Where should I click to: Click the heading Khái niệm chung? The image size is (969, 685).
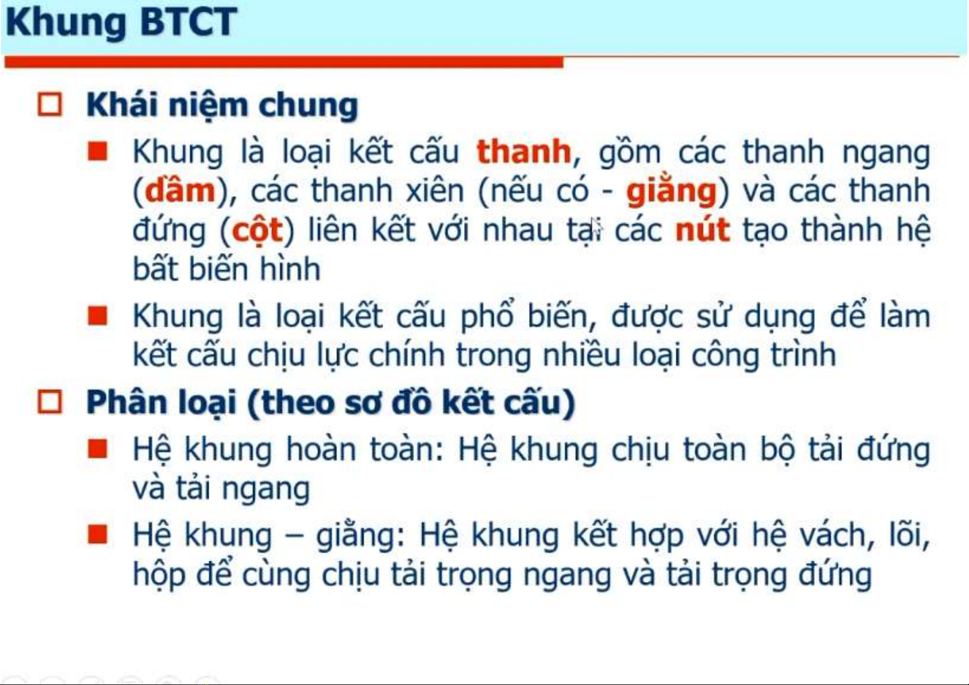pyautogui.click(x=223, y=105)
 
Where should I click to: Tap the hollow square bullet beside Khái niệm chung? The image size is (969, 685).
pyautogui.click(x=50, y=104)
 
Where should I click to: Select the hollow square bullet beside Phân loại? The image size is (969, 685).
pyautogui.click(x=50, y=402)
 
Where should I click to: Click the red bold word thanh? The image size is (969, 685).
pyautogui.click(x=524, y=151)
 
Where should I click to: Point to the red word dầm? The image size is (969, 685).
pyautogui.click(x=180, y=190)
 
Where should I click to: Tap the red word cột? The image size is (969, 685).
pyautogui.click(x=258, y=231)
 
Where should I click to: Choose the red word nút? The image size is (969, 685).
pyautogui.click(x=703, y=229)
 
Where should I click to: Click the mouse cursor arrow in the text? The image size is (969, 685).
pyautogui.click(x=596, y=228)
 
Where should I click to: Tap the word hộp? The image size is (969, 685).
pyautogui.click(x=159, y=575)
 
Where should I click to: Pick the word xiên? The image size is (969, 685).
pyautogui.click(x=435, y=190)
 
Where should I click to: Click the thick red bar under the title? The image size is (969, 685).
pyautogui.click(x=284, y=62)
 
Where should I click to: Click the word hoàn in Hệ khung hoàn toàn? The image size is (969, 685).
pyautogui.click(x=321, y=449)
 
